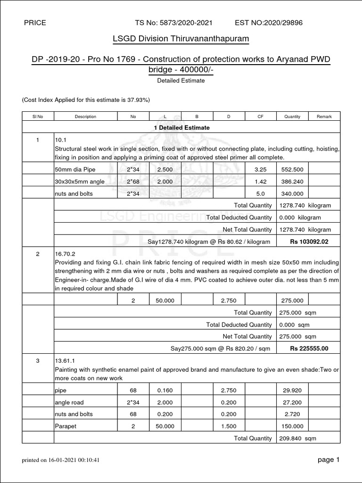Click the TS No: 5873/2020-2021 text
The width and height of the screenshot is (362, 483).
pos(173,23)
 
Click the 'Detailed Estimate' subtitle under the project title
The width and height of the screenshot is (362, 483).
pos(181,81)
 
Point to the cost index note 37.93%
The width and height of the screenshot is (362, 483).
pos(86,100)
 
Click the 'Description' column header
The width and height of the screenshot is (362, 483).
pos(85,117)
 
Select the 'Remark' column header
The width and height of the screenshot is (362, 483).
pos(324,117)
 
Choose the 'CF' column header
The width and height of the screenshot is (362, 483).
pos(260,117)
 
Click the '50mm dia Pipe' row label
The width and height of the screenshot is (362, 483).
pos(74,169)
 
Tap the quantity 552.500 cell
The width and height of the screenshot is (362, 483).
pos(292,169)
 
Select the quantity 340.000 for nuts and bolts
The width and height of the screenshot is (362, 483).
pos(292,193)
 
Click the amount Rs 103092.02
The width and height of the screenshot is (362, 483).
pos(309,241)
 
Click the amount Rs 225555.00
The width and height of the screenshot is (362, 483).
pos(309,349)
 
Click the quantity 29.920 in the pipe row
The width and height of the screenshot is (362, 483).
pos(292,390)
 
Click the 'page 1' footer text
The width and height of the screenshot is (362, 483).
pos(328,460)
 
